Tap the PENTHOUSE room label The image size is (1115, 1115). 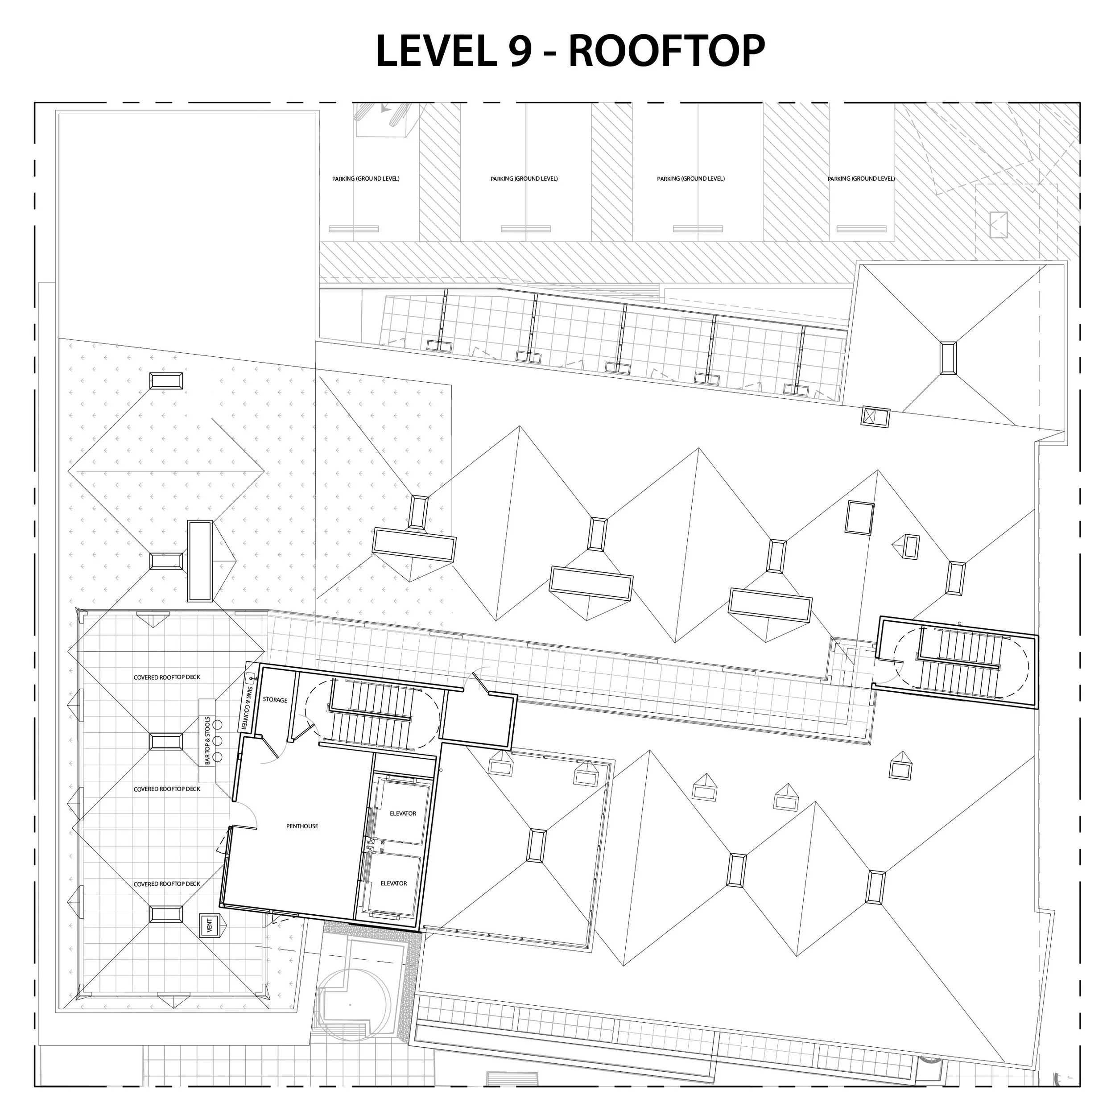click(x=302, y=826)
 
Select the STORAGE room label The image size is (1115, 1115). click(x=275, y=700)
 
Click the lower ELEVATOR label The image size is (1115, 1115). click(x=394, y=884)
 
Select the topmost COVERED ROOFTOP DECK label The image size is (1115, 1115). click(x=167, y=677)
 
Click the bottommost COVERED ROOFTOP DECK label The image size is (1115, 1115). click(x=167, y=884)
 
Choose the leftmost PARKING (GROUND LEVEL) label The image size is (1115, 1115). click(x=365, y=179)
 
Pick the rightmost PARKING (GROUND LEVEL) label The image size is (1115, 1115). click(x=860, y=179)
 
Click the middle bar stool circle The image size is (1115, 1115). click(x=218, y=740)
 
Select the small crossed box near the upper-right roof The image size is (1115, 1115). click(x=875, y=417)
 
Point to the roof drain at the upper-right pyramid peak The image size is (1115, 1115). click(x=948, y=358)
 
